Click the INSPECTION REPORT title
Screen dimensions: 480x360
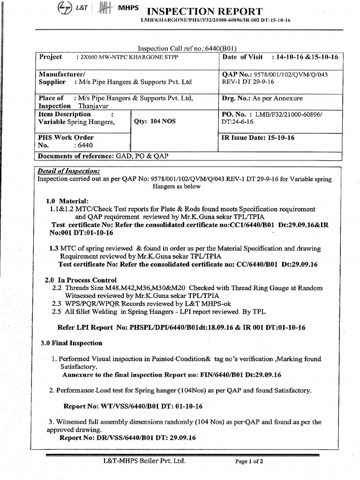[x=205, y=11]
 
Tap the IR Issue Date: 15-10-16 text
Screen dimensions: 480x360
[x=258, y=138]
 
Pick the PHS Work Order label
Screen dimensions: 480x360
[x=66, y=138]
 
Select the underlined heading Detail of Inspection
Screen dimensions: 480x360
[x=68, y=171]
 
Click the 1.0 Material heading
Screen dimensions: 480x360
[x=67, y=201]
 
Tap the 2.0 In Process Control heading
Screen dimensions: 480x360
[x=81, y=280]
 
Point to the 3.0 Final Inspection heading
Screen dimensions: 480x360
[x=71, y=343]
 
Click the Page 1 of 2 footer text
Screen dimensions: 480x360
[x=249, y=461]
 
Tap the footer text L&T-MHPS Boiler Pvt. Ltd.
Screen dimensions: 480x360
[x=144, y=461]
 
